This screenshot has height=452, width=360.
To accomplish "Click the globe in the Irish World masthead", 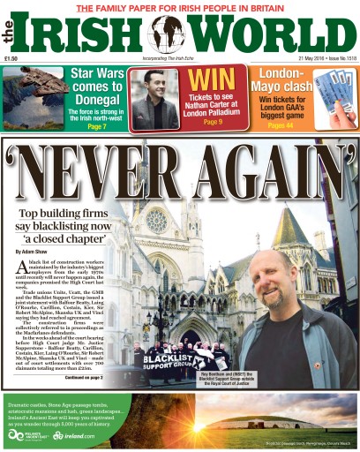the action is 167,35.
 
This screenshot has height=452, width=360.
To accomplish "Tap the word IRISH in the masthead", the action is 84,35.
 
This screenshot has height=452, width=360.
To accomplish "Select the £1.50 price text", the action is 11,59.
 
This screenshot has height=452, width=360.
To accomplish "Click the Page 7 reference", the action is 97,127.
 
